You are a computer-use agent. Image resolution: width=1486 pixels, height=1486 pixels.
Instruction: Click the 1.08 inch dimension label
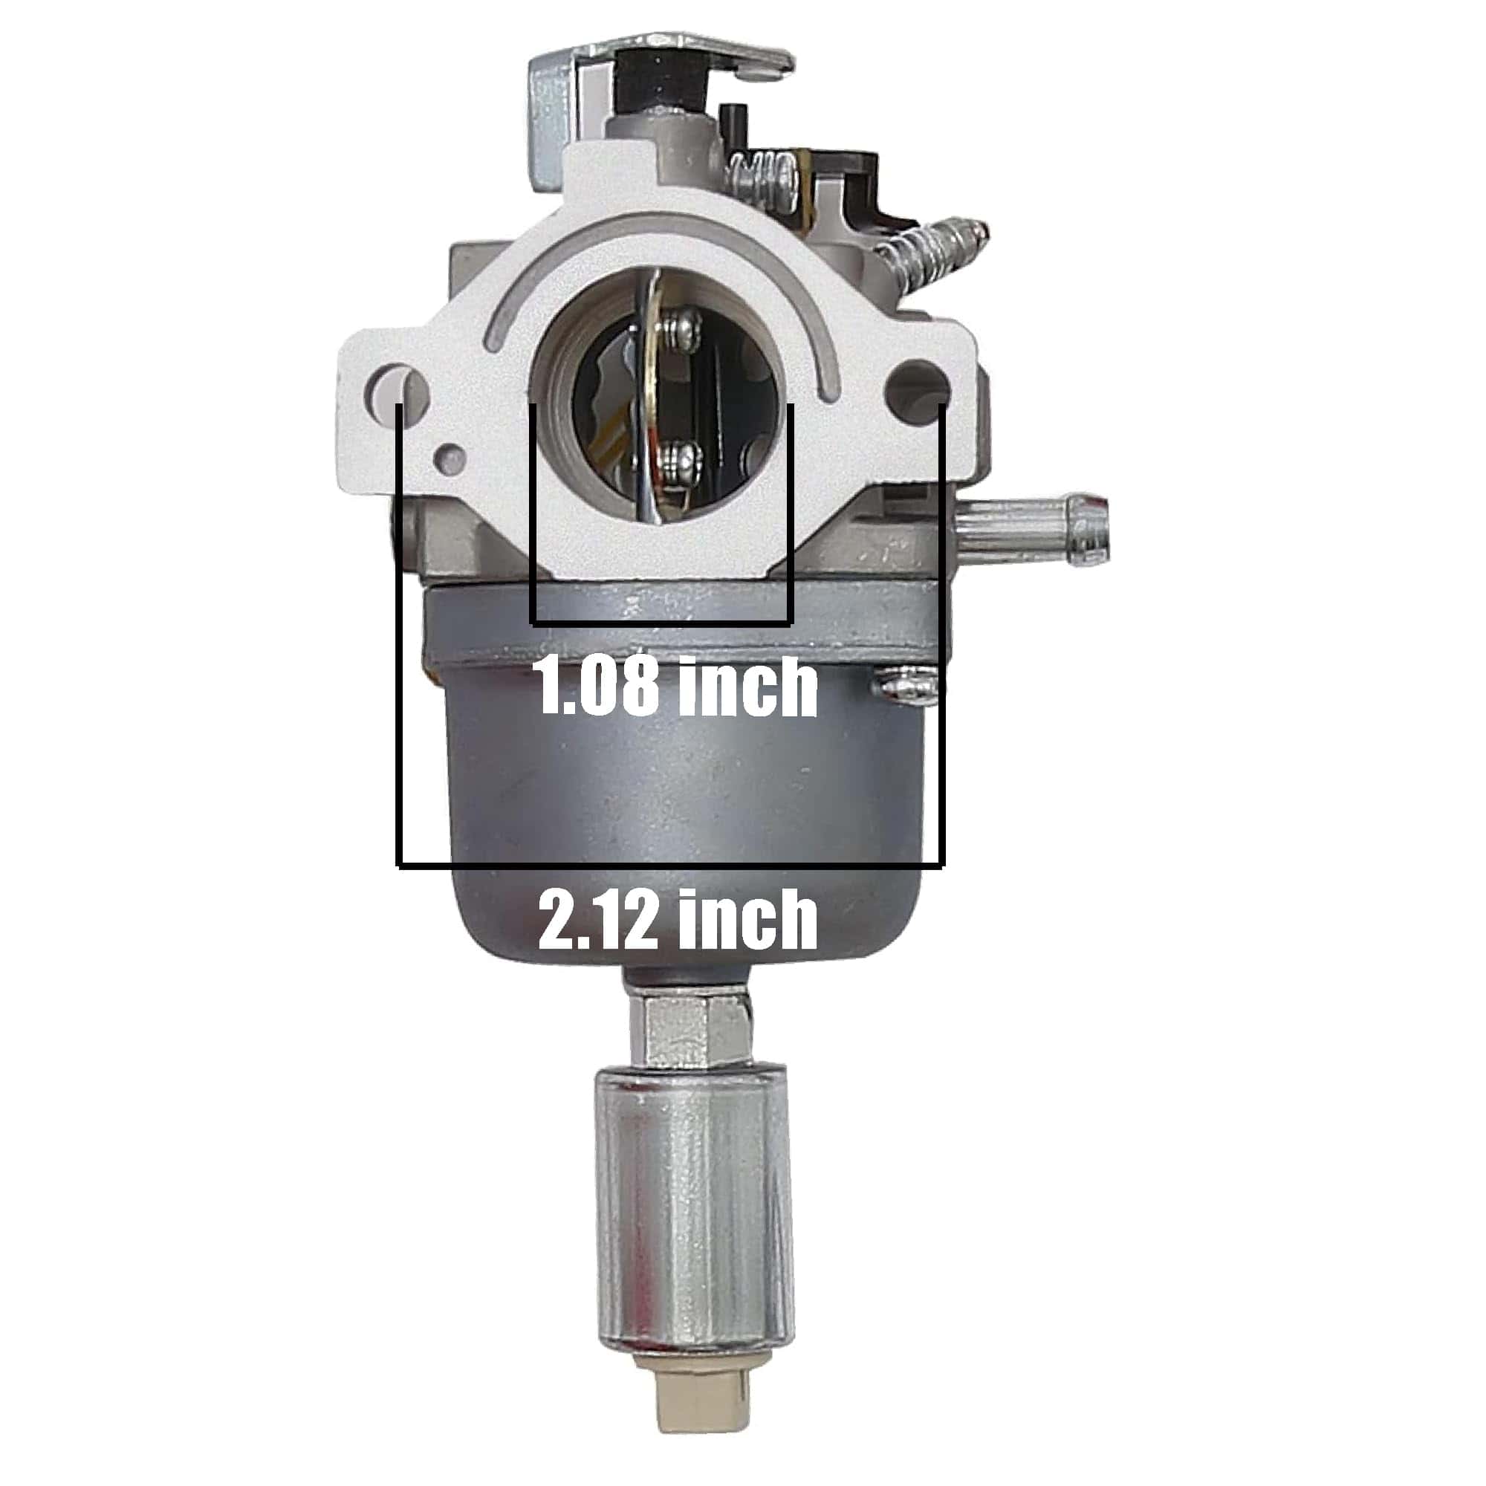pyautogui.click(x=675, y=687)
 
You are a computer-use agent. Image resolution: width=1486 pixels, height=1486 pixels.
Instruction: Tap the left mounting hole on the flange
pyautogui.click(x=398, y=386)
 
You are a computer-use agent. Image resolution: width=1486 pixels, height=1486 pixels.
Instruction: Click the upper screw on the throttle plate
pyautogui.click(x=681, y=328)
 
